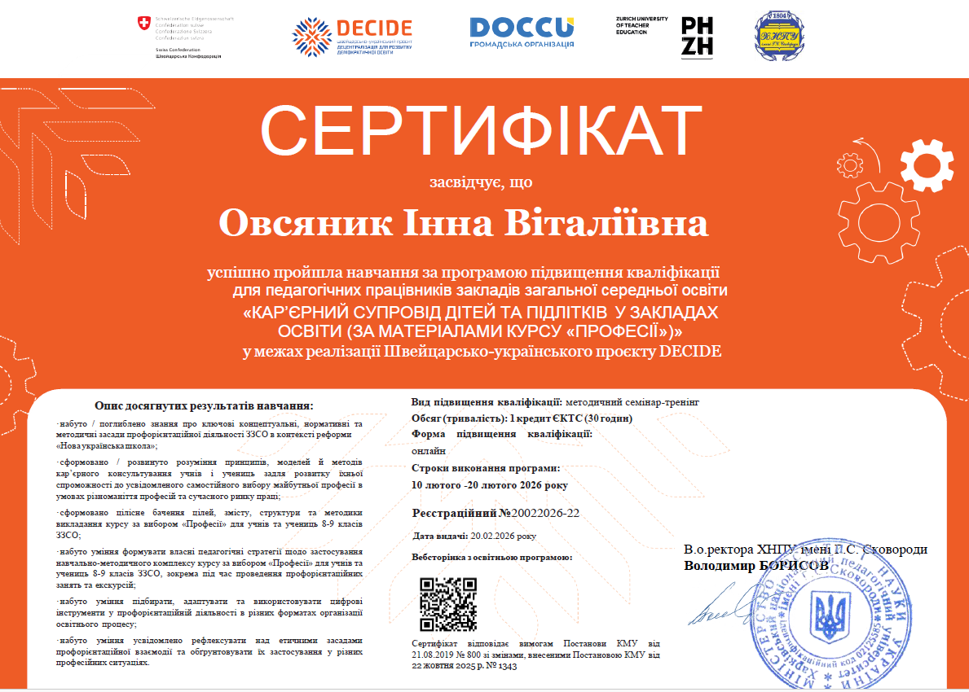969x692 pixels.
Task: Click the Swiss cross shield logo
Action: click(144, 25)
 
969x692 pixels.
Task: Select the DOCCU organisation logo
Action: click(522, 32)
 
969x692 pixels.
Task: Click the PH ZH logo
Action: click(697, 36)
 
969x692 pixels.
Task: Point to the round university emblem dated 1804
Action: click(773, 35)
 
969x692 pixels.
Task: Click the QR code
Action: click(447, 604)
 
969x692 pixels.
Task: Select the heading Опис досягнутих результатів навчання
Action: click(204, 405)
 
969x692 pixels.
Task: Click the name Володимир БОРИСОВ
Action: click(755, 564)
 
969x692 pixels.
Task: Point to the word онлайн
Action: click(429, 450)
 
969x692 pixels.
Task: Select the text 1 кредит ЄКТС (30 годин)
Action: click(570, 418)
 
